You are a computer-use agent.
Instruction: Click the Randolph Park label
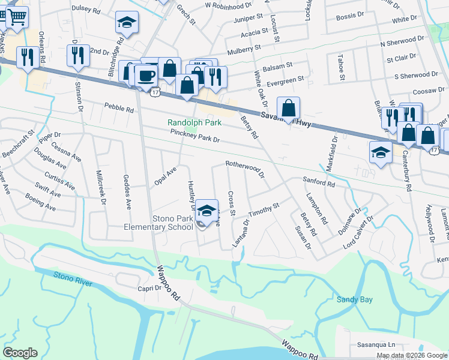[x=194, y=122]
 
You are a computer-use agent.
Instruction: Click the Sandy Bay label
[x=352, y=299]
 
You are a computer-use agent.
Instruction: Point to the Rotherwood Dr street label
[x=245, y=168]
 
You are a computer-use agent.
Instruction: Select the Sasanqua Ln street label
[x=376, y=345]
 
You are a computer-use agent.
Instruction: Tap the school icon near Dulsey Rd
[x=127, y=23]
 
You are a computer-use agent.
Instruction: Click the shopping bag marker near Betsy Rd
[x=289, y=109]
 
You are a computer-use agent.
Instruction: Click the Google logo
[x=20, y=353]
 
